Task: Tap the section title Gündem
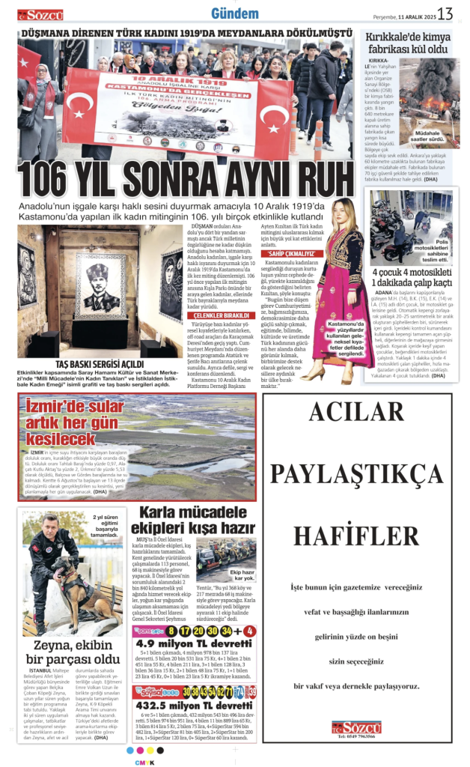tap(235, 13)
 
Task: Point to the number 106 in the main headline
tap(53, 178)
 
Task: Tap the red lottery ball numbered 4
tap(250, 631)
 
